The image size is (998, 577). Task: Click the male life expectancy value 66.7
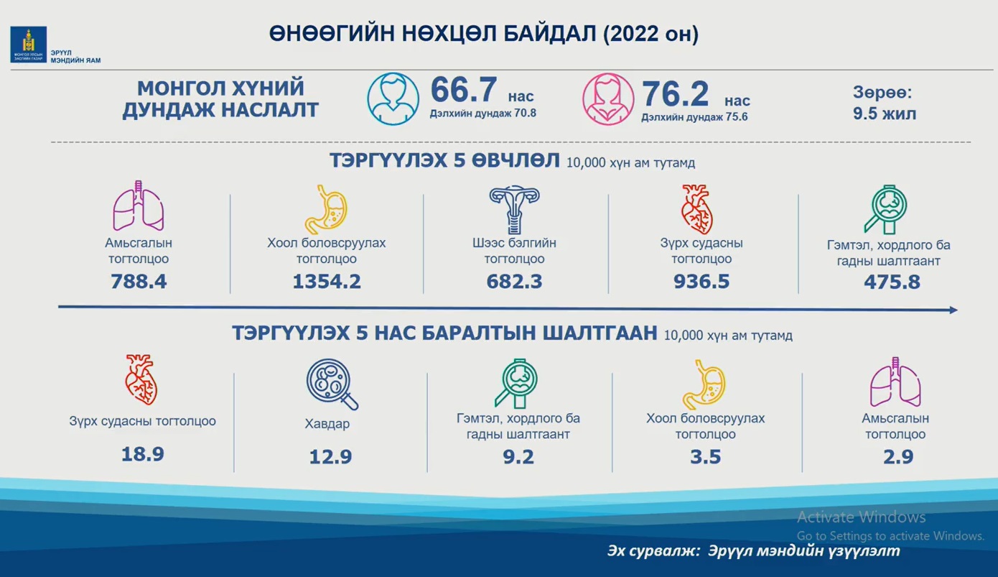[x=463, y=90]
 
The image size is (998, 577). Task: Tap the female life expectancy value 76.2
[x=675, y=93]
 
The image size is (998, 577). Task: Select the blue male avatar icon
[x=393, y=98]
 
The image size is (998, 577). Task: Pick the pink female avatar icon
[x=608, y=98]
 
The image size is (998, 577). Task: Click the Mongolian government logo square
[x=29, y=44]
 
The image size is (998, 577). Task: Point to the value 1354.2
[x=327, y=282]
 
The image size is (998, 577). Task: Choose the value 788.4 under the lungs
[x=139, y=282]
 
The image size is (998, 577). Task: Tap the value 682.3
[x=514, y=282]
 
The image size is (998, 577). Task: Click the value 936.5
[x=701, y=282]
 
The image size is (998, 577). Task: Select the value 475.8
[x=892, y=282]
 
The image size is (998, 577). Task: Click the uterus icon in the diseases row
[x=514, y=210]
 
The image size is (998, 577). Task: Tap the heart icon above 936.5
[x=697, y=210]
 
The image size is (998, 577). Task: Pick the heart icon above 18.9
[x=141, y=379]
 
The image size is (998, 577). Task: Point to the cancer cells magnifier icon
[x=332, y=384]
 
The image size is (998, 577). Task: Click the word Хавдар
[x=327, y=423]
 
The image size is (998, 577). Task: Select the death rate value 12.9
[x=330, y=456]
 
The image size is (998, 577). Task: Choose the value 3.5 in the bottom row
[x=705, y=456]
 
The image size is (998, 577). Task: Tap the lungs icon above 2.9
[x=895, y=382]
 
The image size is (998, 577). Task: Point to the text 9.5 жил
[x=885, y=114]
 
